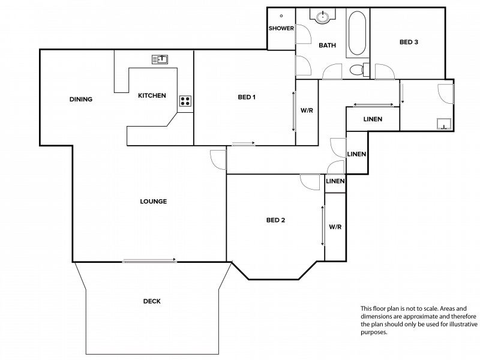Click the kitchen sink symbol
160,59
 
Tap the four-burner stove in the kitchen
185,101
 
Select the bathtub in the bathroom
357,33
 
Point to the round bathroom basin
322,17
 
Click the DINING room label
81,99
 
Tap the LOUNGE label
154,202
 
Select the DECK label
152,301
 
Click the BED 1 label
247,97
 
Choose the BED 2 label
275,220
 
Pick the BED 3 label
409,42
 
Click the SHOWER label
281,28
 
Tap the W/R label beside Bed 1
307,110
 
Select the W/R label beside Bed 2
335,227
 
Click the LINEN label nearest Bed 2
335,181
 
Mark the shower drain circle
281,16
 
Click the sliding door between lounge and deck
149,260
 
